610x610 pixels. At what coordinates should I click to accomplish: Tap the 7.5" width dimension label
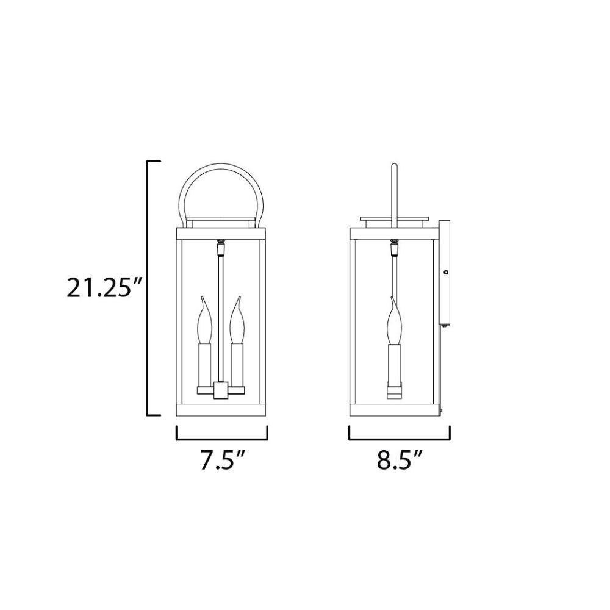tap(222, 460)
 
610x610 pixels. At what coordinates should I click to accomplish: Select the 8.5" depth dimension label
tap(400, 460)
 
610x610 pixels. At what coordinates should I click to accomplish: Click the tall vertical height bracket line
tap(148, 288)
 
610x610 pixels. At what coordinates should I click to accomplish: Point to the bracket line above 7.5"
tap(222, 439)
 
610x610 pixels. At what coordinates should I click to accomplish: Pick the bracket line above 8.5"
tap(400, 439)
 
